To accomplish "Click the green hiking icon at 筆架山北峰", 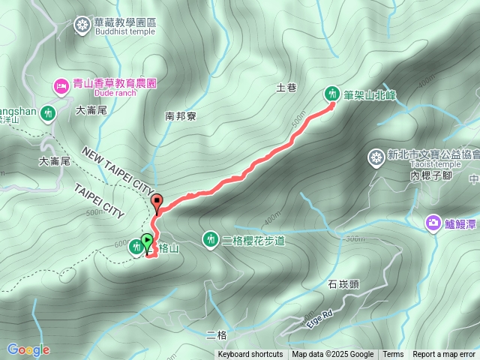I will pyautogui.click(x=331, y=94).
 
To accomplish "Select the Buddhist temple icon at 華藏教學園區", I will pyautogui.click(x=82, y=25).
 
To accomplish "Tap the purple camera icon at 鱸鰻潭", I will pyautogui.click(x=433, y=223).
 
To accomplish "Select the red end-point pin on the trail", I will pyautogui.click(x=157, y=201).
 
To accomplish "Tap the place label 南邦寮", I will pyautogui.click(x=181, y=116).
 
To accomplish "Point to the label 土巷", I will pyautogui.click(x=286, y=88).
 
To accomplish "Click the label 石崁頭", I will pyautogui.click(x=344, y=284).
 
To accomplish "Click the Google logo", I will pyautogui.click(x=28, y=349).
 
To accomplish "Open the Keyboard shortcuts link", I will pyautogui.click(x=250, y=355).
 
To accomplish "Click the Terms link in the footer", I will pyautogui.click(x=393, y=355).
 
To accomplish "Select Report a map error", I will pyautogui.click(x=444, y=355).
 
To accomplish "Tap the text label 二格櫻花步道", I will pyautogui.click(x=254, y=240).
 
